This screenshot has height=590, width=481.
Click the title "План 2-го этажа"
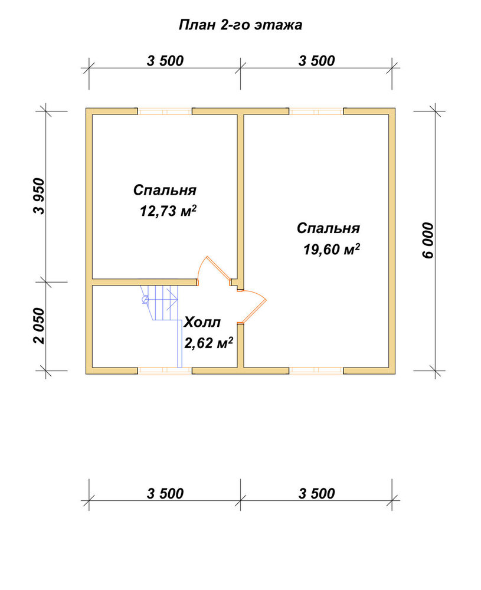pos(240,25)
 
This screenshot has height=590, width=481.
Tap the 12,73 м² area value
pos(168,211)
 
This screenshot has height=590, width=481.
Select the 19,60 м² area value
pos(332,249)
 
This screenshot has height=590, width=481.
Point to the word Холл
pos(202,322)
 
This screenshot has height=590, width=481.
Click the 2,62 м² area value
pos(208,342)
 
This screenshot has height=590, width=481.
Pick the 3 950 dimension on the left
pos(39,196)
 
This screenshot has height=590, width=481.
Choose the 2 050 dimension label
pos(39,326)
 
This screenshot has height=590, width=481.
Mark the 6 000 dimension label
pos(428,241)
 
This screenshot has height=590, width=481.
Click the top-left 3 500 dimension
pos(165,61)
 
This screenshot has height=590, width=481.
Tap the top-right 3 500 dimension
pos(316,61)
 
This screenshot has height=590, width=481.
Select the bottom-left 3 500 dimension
pos(165,493)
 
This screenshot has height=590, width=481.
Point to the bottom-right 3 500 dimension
pos(316,493)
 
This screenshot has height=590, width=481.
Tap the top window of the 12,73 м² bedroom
pos(165,112)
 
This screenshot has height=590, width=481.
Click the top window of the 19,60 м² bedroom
pos(316,112)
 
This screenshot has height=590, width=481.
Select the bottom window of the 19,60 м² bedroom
pos(316,371)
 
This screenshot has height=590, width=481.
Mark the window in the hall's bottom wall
pos(165,371)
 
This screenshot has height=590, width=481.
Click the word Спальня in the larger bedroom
pos(328,228)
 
